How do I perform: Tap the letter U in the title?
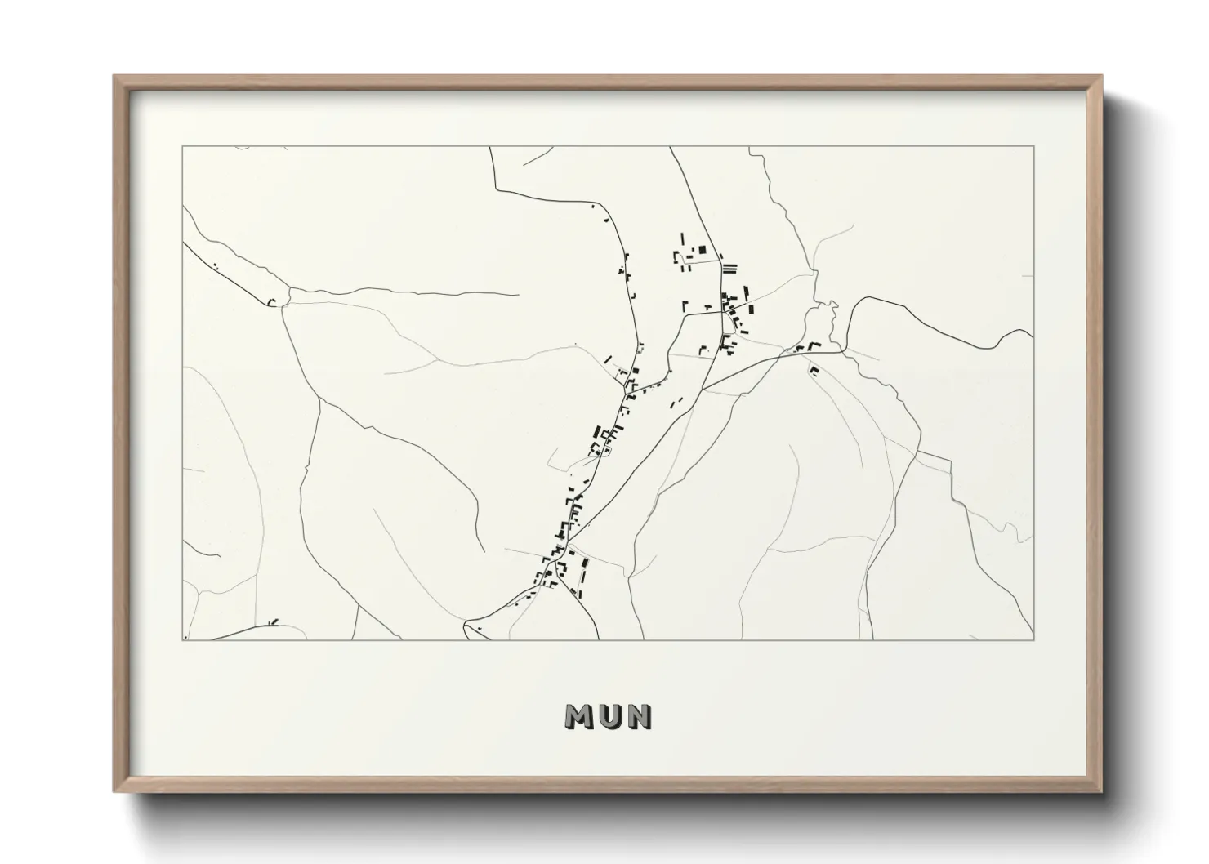click(609, 716)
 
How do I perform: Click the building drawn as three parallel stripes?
click(729, 266)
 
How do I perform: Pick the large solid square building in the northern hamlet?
click(701, 250)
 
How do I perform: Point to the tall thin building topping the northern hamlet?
click(682, 238)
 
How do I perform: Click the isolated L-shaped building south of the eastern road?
click(814, 370)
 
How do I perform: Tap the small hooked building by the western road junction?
click(272, 302)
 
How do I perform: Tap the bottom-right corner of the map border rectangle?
click(1034, 640)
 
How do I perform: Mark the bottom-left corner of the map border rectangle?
click(183, 640)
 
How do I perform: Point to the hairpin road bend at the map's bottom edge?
click(467, 626)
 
